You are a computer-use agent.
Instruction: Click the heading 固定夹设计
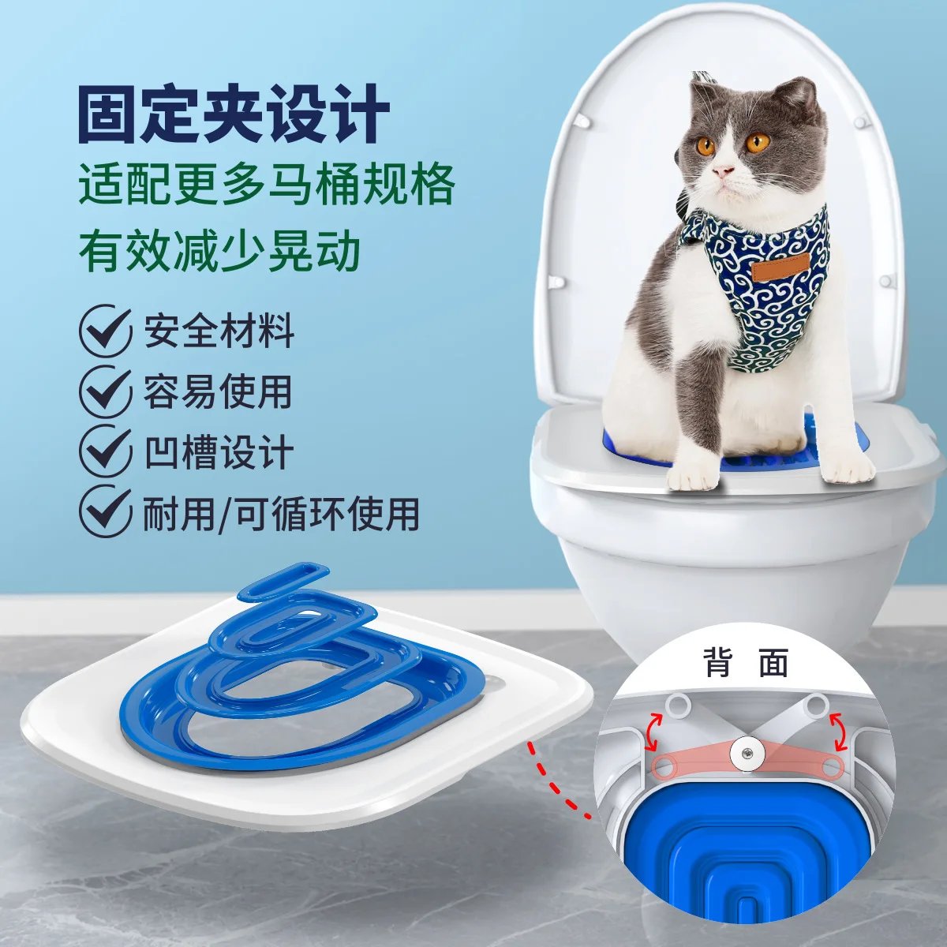(x=234, y=115)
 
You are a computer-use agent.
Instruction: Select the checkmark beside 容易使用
(x=105, y=391)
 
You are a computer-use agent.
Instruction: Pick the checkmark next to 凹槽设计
(x=105, y=451)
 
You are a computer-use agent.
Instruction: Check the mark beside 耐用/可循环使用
(x=105, y=511)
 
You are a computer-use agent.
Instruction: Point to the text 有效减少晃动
(x=219, y=251)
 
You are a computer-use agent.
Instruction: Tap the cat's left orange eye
(x=705, y=146)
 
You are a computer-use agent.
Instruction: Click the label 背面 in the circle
(x=746, y=664)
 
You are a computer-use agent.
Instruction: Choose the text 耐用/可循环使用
(x=280, y=513)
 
